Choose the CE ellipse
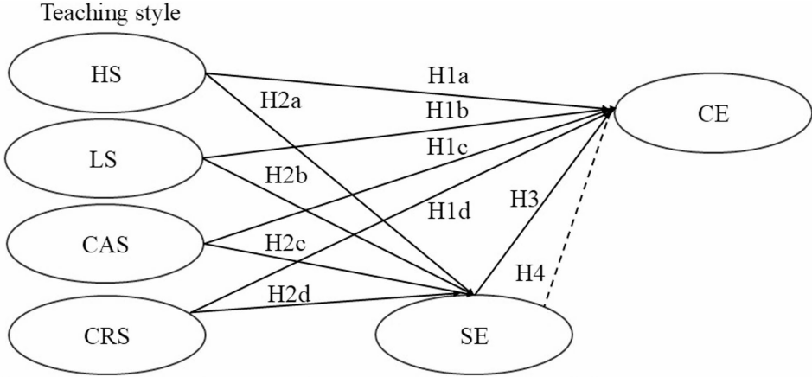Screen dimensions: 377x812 (x=711, y=117)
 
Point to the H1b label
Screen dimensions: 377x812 (x=446, y=112)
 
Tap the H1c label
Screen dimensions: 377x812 (x=446, y=147)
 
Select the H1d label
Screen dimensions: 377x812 (x=447, y=209)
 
